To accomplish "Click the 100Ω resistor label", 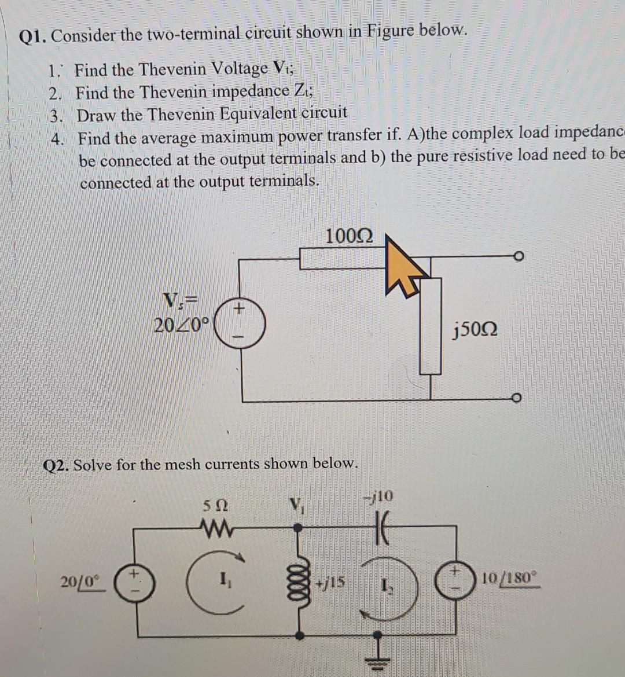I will pos(349,236).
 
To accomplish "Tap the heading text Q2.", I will pos(58,465).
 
